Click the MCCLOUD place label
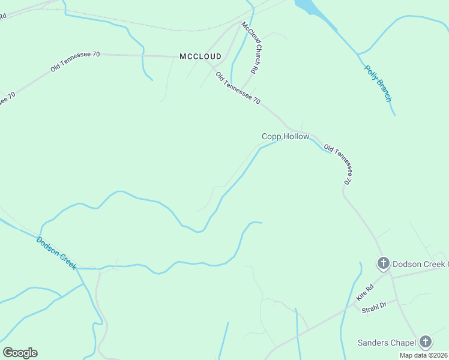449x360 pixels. coord(200,56)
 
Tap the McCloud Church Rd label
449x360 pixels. coord(250,47)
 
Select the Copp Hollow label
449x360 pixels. coord(285,137)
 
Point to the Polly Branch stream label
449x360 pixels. coord(378,83)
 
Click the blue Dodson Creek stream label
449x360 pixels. coord(56,253)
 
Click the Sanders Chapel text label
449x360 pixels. coord(387,343)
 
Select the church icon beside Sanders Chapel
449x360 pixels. coord(426,342)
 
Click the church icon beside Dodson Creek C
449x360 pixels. coord(384,263)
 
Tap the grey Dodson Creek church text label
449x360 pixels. coord(420,263)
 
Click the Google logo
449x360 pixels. coord(20,352)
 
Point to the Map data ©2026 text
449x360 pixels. coord(424,355)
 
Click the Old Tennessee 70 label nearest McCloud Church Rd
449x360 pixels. coord(238,88)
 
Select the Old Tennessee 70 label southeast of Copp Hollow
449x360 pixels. coord(337,164)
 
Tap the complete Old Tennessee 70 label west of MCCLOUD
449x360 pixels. coord(75,61)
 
